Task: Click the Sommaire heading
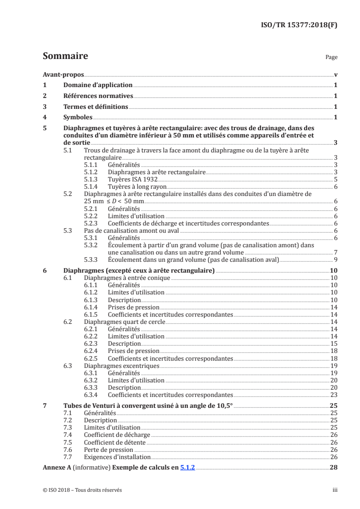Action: coord(65,56)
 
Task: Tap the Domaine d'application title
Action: coord(98,85)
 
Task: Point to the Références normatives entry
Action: coord(98,96)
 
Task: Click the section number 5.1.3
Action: coord(92,180)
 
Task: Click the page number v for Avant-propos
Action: coord(335,75)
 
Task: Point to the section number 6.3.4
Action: coord(92,395)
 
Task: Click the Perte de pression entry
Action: coord(108,450)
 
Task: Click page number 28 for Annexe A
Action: coord(334,468)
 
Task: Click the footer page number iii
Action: coord(335,490)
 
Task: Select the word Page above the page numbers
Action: coord(331,58)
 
